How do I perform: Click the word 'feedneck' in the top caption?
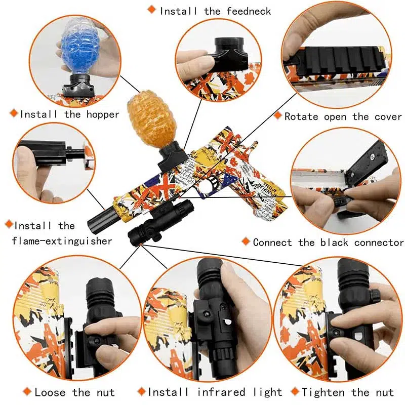[x=245, y=11]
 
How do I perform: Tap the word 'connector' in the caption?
[x=378, y=242]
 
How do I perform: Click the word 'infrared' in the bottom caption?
[x=225, y=392]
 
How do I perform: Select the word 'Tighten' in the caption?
[x=322, y=392]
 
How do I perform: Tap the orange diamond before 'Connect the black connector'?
[x=246, y=241]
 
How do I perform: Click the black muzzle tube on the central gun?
[x=99, y=216]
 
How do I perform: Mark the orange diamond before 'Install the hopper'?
[x=13, y=114]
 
